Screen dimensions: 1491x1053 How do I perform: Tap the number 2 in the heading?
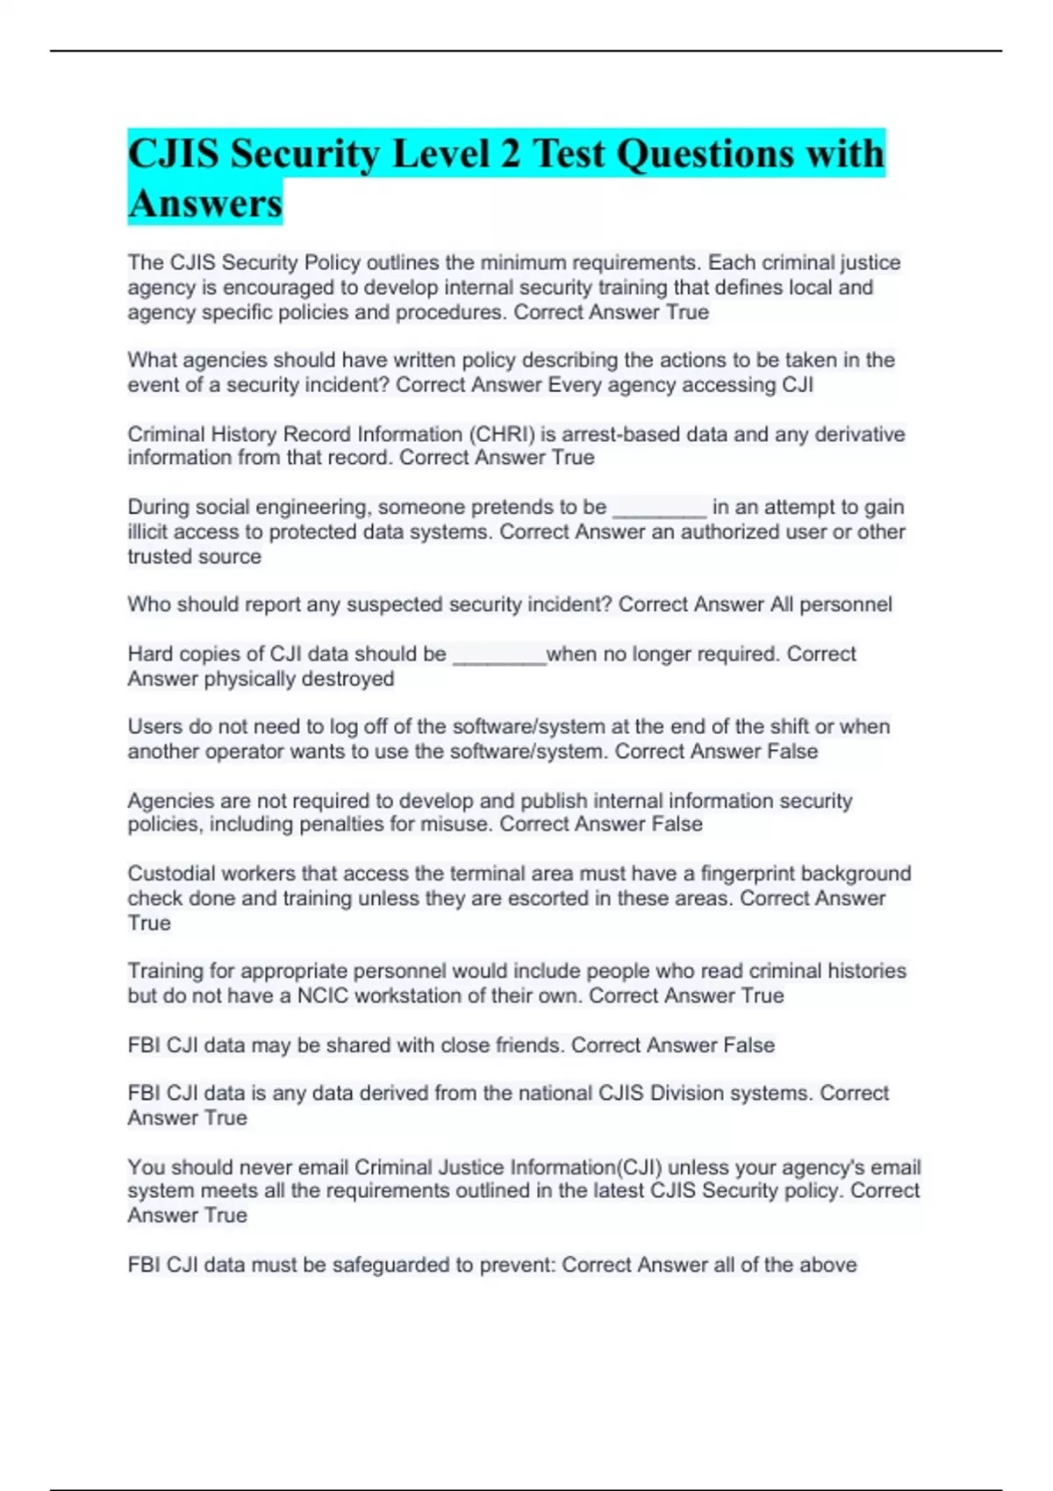[510, 154]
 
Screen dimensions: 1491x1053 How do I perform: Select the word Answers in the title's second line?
[205, 203]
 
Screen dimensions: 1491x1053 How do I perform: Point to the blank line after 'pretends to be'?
[659, 509]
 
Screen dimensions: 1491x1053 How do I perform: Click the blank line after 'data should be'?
[498, 655]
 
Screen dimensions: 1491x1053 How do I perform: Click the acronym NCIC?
[323, 995]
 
